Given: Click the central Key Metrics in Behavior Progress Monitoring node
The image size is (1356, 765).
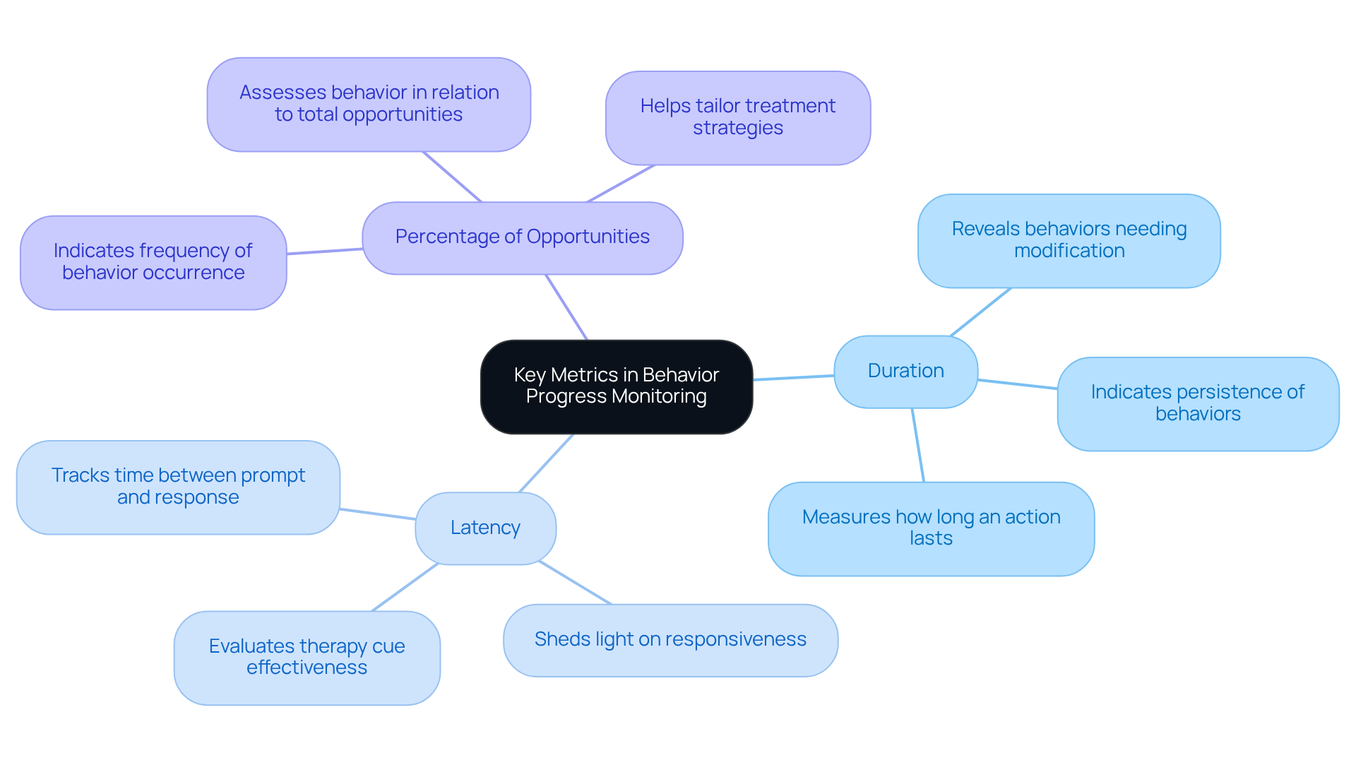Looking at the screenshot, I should click(616, 386).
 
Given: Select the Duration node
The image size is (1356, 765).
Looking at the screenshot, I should click(905, 371).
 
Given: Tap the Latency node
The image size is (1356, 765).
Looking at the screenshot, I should click(485, 528).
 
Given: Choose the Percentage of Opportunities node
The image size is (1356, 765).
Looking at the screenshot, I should click(522, 237).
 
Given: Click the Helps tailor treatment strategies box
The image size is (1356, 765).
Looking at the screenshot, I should click(737, 117).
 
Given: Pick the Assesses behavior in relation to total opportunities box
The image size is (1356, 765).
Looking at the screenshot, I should click(369, 104).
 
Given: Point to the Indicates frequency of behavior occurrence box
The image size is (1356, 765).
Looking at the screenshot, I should click(153, 262).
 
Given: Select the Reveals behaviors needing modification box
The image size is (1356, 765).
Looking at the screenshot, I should click(1069, 240).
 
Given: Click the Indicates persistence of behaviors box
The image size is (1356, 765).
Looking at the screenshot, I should click(1197, 403).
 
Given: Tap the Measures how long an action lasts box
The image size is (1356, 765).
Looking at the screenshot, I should click(930, 528).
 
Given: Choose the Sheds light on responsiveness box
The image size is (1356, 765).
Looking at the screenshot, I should click(670, 639).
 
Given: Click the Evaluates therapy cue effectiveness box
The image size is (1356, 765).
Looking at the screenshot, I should click(307, 657).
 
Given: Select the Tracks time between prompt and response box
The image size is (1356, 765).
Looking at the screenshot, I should click(178, 487).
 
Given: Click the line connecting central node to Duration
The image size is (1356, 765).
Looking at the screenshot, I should click(793, 377).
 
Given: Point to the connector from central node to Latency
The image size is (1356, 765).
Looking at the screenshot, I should click(546, 463).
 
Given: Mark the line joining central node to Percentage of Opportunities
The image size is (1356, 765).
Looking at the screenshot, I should click(566, 307).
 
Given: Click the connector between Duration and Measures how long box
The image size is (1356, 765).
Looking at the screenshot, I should click(917, 445).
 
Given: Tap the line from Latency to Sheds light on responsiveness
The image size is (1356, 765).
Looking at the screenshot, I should click(575, 583).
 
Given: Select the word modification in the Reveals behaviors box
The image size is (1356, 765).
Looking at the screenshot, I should click(1069, 251).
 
